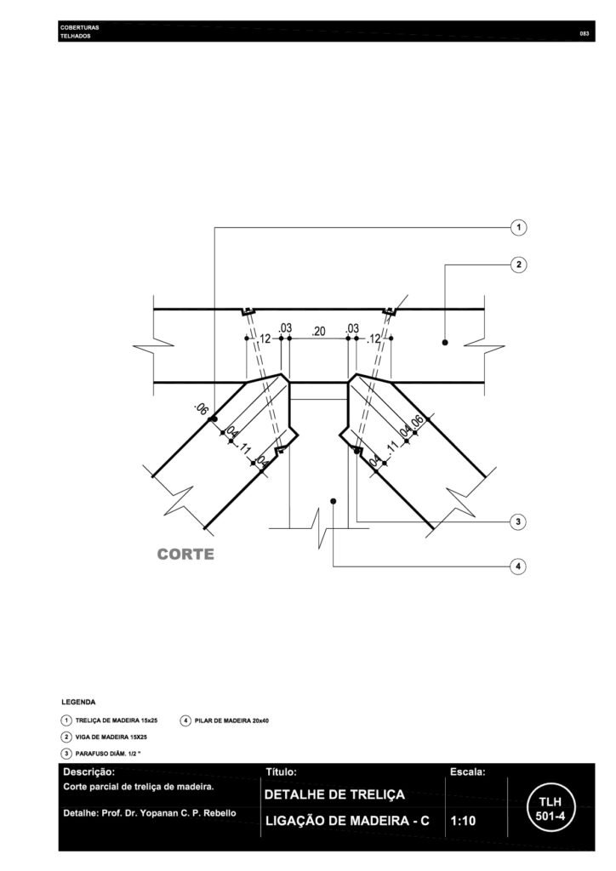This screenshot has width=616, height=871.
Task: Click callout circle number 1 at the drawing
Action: click(x=518, y=227)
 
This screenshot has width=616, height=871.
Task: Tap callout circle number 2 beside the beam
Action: click(x=518, y=265)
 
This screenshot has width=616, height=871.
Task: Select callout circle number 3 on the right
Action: click(x=518, y=521)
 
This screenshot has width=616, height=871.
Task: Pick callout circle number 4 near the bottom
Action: click(x=518, y=566)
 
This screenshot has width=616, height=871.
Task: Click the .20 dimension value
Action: click(x=319, y=332)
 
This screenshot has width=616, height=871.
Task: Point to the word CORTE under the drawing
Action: click(x=185, y=555)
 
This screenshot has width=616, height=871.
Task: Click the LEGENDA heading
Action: click(x=78, y=702)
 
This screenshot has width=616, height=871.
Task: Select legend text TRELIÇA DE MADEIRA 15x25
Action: click(x=117, y=720)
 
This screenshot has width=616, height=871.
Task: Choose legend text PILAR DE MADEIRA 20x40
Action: click(x=231, y=720)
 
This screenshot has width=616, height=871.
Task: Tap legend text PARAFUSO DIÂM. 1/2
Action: click(x=108, y=754)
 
